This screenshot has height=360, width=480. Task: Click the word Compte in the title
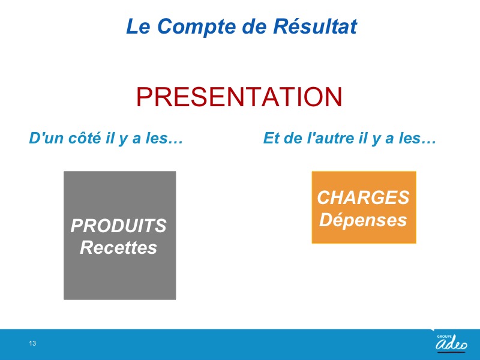[x=197, y=27]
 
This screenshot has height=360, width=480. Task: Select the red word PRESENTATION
[x=239, y=97]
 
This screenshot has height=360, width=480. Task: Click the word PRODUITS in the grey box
[x=118, y=226]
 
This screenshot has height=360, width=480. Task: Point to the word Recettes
[x=118, y=248]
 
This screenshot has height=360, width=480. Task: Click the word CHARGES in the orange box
[x=364, y=197]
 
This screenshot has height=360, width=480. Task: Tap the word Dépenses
[x=363, y=220]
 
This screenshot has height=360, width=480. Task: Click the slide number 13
[x=32, y=343]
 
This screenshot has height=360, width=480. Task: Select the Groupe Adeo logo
[x=452, y=343]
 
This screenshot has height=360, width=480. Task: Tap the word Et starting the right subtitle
[x=272, y=138]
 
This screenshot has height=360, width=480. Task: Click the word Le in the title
[x=138, y=26]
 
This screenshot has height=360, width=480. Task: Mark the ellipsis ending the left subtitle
[x=176, y=142]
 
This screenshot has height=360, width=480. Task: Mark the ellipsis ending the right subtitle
[x=429, y=142]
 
